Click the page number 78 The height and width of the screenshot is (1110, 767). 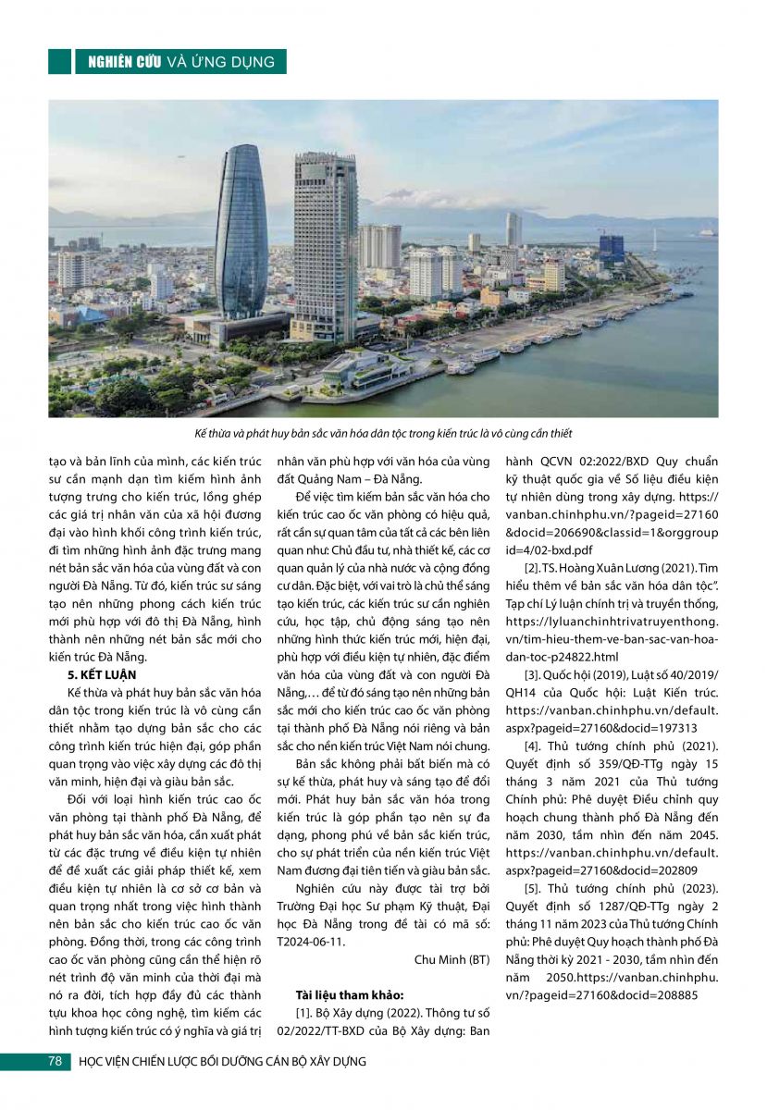point(54,1061)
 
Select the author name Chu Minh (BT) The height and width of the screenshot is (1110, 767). point(452,960)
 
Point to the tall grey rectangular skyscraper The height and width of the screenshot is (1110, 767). point(325,245)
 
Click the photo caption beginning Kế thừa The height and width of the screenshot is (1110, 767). point(383,433)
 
